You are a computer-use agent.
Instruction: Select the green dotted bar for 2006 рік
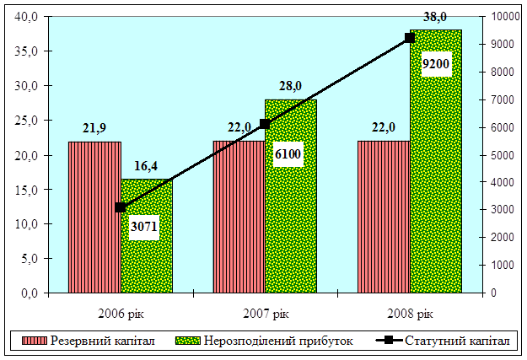147,261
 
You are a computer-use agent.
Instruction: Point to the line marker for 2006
121,207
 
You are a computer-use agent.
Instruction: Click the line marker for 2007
265,124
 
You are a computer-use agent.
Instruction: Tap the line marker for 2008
410,38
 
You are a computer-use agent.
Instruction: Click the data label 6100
288,153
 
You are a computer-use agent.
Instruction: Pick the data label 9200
436,64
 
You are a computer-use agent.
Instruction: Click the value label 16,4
147,166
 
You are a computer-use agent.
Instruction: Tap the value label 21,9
95,128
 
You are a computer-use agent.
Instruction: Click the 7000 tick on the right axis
502,99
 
